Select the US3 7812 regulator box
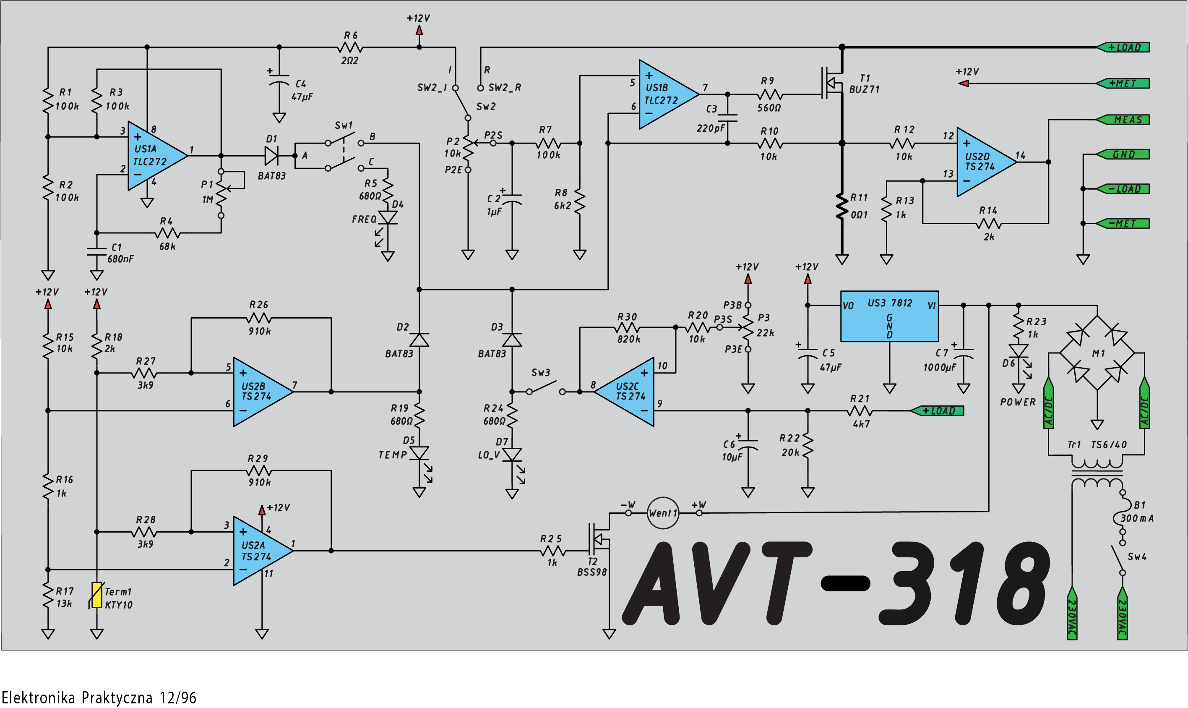[x=890, y=316]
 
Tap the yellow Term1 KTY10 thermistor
[x=97, y=595]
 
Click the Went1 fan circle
[x=663, y=513]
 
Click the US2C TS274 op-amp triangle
[x=624, y=392]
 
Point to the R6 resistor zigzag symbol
[x=350, y=47]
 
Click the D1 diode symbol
[x=272, y=156]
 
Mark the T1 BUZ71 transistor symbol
[x=832, y=84]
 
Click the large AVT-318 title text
[x=836, y=583]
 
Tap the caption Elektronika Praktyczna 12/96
[x=99, y=698]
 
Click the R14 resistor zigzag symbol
[x=989, y=223]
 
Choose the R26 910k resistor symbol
[x=259, y=318]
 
